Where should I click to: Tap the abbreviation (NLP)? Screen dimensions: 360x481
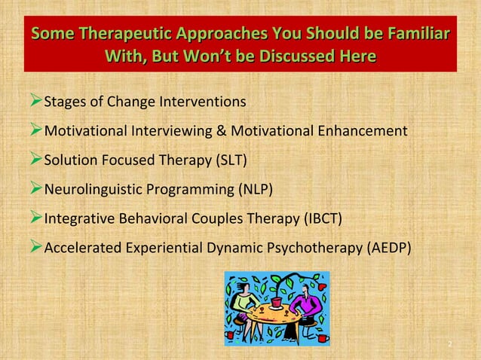(250, 190)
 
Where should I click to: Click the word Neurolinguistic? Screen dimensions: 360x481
(95, 190)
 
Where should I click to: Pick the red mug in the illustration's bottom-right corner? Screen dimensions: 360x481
(322, 338)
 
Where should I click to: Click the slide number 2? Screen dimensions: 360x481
(449, 344)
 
